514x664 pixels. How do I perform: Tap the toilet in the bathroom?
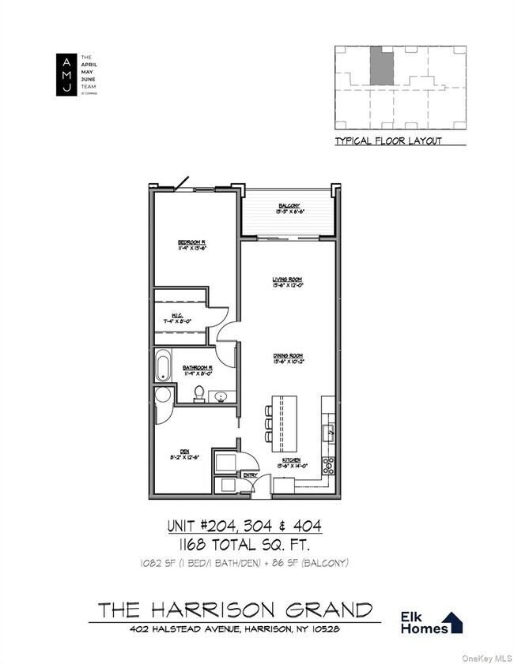[x=199, y=395]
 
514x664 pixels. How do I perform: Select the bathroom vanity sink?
[x=221, y=396]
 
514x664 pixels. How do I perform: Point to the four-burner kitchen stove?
[x=329, y=465]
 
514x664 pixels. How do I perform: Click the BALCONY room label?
[x=288, y=207]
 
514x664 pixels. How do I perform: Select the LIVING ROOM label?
[x=288, y=280]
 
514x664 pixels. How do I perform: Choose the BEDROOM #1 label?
[x=192, y=243]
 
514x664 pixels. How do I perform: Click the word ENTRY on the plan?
[x=250, y=475]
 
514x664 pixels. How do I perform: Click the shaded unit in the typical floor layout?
[x=380, y=66]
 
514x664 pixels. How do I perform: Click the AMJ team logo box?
[x=66, y=76]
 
